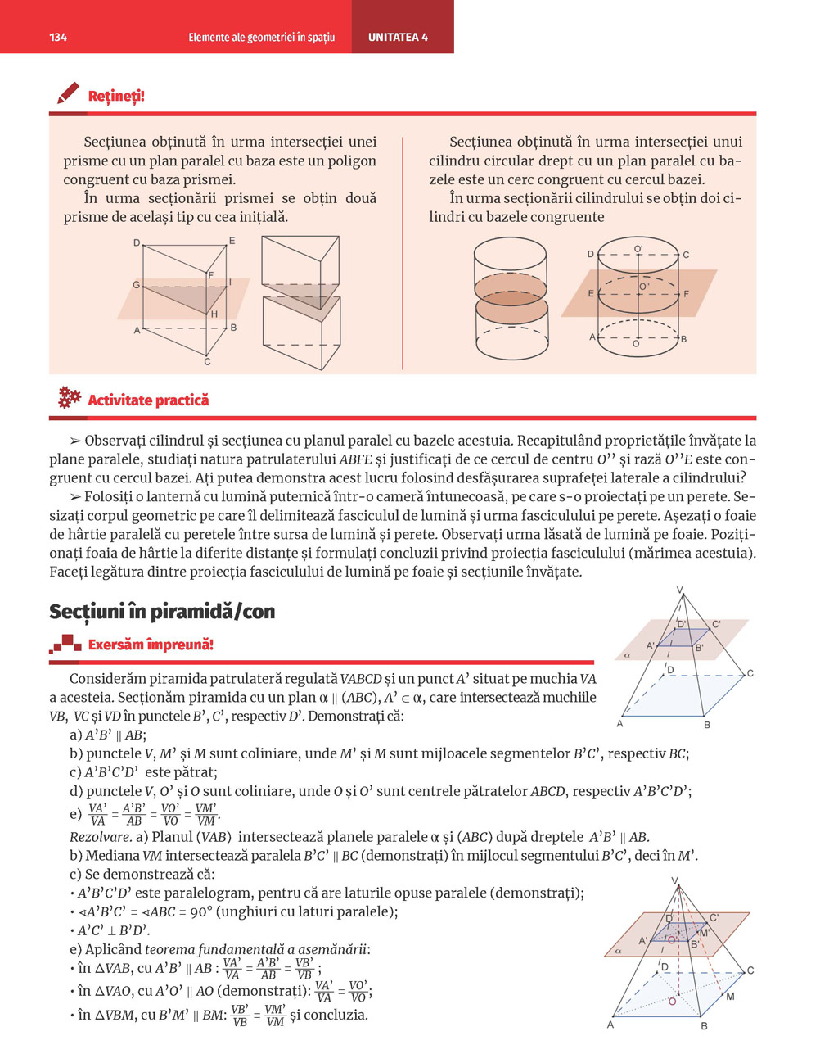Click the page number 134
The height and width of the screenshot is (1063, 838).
click(x=58, y=38)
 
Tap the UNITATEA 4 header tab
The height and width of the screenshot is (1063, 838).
click(x=398, y=38)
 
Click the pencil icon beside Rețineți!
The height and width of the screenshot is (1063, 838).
click(x=68, y=93)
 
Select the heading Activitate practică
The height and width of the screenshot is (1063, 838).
click(x=148, y=400)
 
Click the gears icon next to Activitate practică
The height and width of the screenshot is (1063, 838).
click(x=70, y=398)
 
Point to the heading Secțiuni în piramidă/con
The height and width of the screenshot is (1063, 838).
click(x=162, y=611)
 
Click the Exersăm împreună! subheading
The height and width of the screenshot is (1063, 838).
click(x=151, y=645)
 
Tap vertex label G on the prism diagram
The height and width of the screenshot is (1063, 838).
click(x=137, y=285)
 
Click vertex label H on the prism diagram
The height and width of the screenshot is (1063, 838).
click(x=214, y=314)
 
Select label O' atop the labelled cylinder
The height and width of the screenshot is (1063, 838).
click(x=638, y=248)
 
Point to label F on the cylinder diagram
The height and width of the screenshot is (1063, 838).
click(x=686, y=294)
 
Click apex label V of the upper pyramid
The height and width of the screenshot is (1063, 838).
click(x=679, y=590)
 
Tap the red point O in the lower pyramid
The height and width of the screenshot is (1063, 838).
click(x=673, y=1001)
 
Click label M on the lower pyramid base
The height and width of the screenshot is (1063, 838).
click(x=730, y=997)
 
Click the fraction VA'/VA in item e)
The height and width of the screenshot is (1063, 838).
click(x=97, y=814)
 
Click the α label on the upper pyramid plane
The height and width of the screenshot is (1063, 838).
click(x=627, y=655)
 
